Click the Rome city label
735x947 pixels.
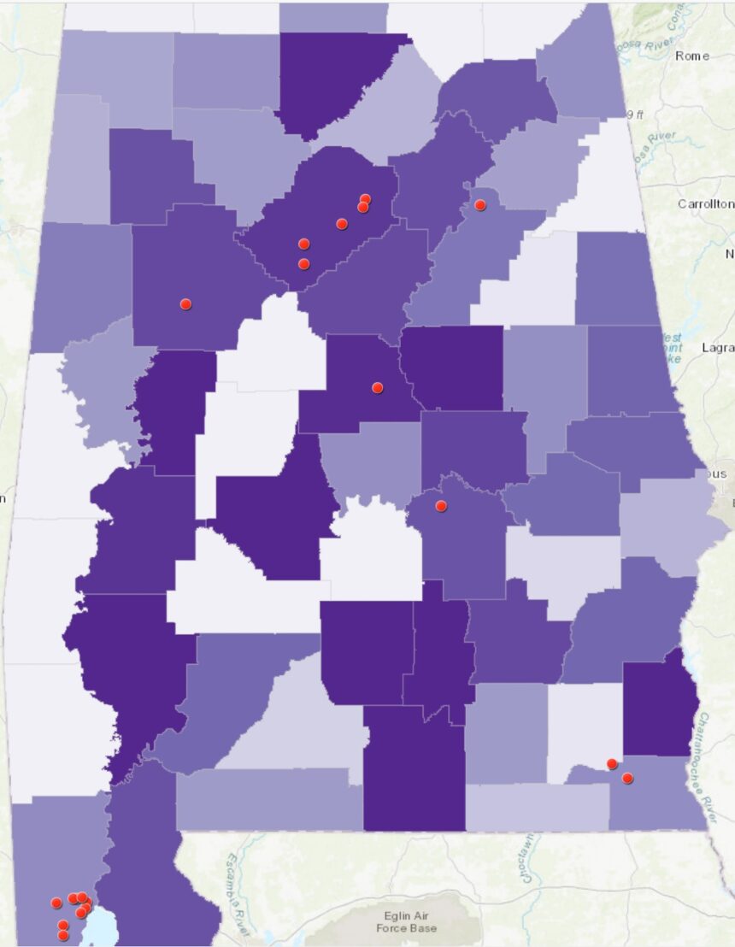click(x=691, y=56)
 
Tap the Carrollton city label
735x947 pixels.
click(x=705, y=203)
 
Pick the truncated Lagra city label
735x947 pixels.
click(x=717, y=348)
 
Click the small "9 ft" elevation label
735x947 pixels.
click(x=635, y=115)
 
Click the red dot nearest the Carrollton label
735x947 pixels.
click(x=480, y=205)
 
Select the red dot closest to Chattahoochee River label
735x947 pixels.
click(x=627, y=778)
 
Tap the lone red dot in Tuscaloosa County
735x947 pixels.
click(x=185, y=303)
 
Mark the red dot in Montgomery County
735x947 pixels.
click(x=441, y=506)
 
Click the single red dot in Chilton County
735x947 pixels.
click(x=378, y=387)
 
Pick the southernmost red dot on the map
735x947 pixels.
click(x=62, y=935)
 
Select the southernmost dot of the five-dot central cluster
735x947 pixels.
click(x=303, y=263)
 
